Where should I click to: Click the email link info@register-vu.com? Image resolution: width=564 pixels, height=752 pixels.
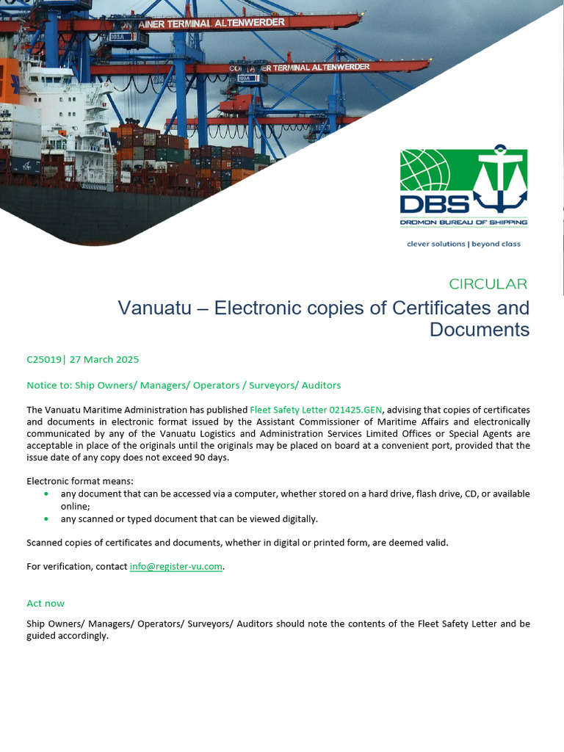coord(176,567)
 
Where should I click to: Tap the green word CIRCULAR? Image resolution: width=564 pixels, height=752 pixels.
coord(488,284)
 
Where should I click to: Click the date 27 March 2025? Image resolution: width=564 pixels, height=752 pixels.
coord(104,360)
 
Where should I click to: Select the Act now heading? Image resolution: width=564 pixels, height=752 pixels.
coord(46,604)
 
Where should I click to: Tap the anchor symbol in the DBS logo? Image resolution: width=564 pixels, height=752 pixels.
coord(499,180)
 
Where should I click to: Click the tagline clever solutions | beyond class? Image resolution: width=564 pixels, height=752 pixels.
coord(463,244)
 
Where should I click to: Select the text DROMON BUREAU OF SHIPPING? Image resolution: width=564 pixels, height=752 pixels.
coord(463,221)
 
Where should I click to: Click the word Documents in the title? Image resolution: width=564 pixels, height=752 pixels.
coord(480,330)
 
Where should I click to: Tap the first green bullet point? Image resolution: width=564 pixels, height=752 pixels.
coord(47,494)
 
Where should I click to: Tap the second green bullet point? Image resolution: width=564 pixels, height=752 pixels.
coord(47,519)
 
